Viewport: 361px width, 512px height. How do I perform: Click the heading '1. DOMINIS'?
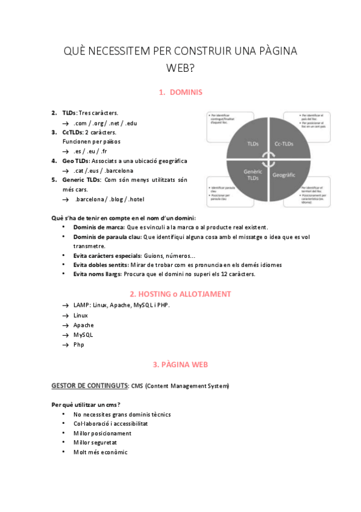(180, 92)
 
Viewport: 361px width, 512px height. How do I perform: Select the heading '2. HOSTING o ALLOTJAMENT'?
(180, 294)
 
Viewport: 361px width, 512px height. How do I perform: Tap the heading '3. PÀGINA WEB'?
(180, 365)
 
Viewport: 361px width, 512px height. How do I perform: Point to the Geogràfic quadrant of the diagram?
(283, 174)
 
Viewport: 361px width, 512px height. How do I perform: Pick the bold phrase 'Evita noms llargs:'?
(98, 274)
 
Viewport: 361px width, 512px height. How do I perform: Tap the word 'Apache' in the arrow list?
(83, 325)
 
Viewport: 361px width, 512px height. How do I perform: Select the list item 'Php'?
(79, 344)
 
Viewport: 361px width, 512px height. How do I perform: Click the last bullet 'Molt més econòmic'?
(100, 452)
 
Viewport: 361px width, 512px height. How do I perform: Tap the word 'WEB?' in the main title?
(180, 68)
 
